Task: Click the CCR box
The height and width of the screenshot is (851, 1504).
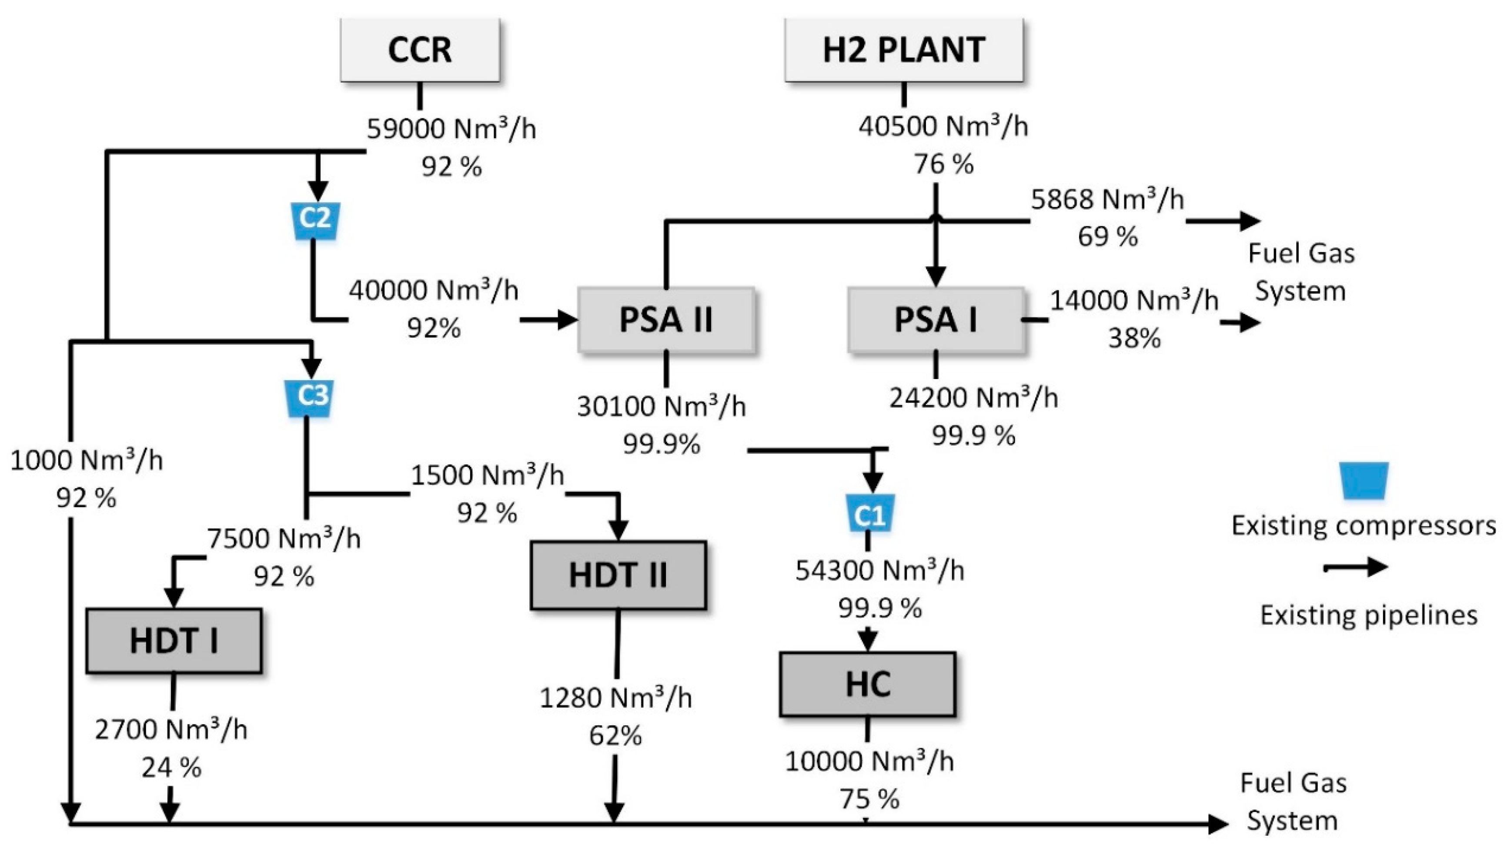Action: [x=420, y=50]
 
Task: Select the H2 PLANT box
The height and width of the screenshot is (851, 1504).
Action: [x=903, y=50]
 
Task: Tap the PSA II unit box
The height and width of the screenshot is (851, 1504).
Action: [x=666, y=320]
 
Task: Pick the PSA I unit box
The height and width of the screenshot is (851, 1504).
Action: [x=936, y=320]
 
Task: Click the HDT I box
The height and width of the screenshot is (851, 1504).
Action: [x=174, y=641]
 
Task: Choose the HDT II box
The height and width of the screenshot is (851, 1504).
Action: [x=618, y=575]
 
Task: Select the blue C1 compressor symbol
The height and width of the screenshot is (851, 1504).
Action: [x=870, y=514]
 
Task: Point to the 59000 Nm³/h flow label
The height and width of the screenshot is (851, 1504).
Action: [x=451, y=129]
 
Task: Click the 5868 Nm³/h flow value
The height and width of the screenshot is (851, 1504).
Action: [x=1107, y=200]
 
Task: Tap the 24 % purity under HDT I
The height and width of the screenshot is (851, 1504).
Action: [x=171, y=768]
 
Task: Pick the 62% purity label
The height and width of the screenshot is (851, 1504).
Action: [x=615, y=736]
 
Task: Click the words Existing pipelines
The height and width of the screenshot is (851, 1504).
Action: [x=1368, y=616]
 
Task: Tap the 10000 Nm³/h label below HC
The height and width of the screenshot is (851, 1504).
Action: [x=869, y=761]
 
